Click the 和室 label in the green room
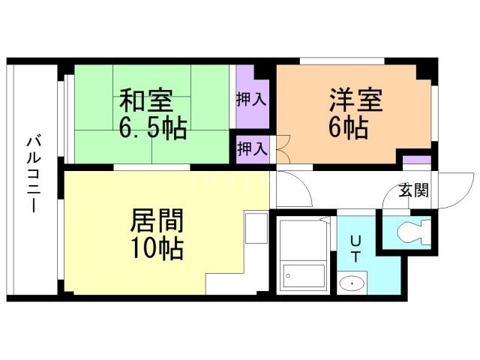tap(147, 100)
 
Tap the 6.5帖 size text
tap(153, 127)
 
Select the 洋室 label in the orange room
tap(355, 100)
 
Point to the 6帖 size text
tap(346, 127)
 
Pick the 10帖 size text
tap(157, 248)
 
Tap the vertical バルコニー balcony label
tap(32, 174)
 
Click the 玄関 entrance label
tap(413, 190)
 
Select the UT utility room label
tap(356, 247)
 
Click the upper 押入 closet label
tap(251, 98)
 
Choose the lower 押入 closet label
tap(251, 148)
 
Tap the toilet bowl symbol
tap(411, 231)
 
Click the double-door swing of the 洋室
tap(283, 148)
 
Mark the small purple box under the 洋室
tap(416, 160)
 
